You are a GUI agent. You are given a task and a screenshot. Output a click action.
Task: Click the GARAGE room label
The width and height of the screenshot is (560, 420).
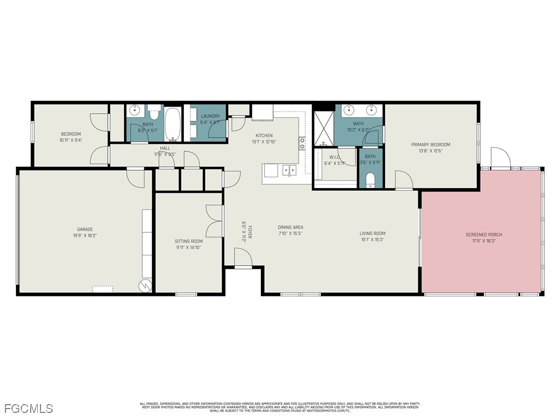(x=84, y=229)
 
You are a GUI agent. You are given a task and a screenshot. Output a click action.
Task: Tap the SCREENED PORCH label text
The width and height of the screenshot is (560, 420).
(x=483, y=235)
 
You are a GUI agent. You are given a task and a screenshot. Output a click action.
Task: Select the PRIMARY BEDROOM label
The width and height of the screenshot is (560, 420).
(x=430, y=144)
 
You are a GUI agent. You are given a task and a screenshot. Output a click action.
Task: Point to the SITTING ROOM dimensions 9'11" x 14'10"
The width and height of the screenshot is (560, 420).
(x=188, y=247)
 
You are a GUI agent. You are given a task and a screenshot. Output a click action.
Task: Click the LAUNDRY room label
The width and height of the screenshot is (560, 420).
(x=210, y=116)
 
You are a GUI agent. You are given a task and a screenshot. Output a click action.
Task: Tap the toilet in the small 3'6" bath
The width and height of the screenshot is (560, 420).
(x=370, y=180)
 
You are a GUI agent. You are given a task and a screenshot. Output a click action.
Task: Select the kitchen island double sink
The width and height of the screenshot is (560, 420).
(x=289, y=171)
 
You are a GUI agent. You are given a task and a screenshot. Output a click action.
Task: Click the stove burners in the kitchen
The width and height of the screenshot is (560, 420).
(x=302, y=143)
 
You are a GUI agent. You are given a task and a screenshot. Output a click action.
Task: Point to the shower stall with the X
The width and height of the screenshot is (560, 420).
(x=323, y=126)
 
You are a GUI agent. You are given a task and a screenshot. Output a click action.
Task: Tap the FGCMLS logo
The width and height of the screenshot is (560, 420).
(x=28, y=408)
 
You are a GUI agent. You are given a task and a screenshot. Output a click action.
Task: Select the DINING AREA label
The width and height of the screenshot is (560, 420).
(x=290, y=227)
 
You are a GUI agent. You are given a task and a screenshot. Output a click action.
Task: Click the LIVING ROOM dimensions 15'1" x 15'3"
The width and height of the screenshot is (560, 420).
(x=372, y=240)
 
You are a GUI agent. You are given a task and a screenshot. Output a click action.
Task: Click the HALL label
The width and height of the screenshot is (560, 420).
(x=165, y=148)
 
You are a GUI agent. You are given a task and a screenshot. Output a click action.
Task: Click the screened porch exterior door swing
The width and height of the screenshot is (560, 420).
(x=500, y=158)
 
